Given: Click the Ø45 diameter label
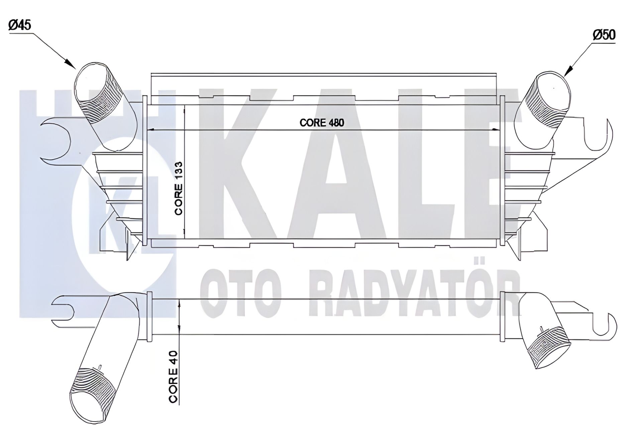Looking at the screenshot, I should point(20,25).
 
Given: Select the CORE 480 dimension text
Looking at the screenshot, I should point(322,123).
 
